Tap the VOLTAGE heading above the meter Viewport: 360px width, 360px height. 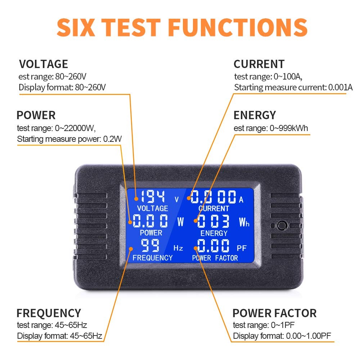44,64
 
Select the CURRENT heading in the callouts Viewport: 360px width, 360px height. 259,64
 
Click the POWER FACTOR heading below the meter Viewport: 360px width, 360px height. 274,313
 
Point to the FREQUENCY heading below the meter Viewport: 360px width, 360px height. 49,313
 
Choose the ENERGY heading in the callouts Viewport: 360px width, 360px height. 255,115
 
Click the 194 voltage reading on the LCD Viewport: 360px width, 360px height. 153,197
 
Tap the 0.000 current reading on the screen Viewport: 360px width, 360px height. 213,197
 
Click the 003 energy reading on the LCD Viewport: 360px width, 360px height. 213,221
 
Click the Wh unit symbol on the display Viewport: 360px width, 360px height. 244,222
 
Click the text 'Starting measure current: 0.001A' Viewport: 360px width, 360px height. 293,87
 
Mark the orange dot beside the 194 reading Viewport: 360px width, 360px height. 136,198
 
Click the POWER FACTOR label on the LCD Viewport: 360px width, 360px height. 215,258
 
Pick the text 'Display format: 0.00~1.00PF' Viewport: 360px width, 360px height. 283,336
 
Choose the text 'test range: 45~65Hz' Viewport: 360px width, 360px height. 52,325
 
